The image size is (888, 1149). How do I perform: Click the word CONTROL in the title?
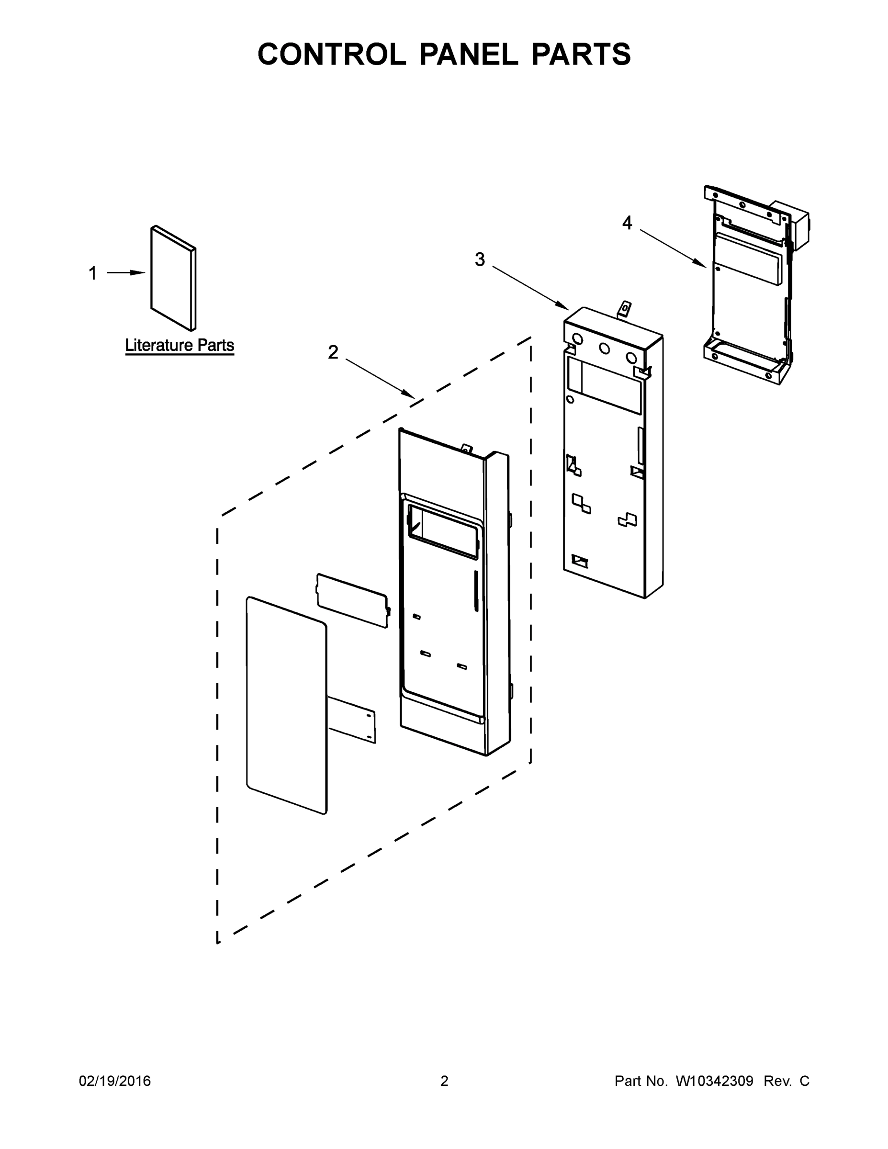pyautogui.click(x=331, y=54)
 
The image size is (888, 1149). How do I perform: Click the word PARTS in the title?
pyautogui.click(x=581, y=54)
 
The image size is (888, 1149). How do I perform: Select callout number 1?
pyautogui.click(x=92, y=273)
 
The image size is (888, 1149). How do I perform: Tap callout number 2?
pyautogui.click(x=333, y=352)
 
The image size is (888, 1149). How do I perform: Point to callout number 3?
pyautogui.click(x=480, y=259)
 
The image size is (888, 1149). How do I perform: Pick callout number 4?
pyautogui.click(x=627, y=223)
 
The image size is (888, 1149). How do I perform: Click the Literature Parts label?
pyautogui.click(x=180, y=346)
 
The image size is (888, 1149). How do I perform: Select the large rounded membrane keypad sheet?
pyautogui.click(x=286, y=705)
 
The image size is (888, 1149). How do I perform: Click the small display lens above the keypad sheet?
pyautogui.click(x=352, y=600)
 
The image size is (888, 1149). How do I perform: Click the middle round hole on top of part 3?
pyautogui.click(x=605, y=348)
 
